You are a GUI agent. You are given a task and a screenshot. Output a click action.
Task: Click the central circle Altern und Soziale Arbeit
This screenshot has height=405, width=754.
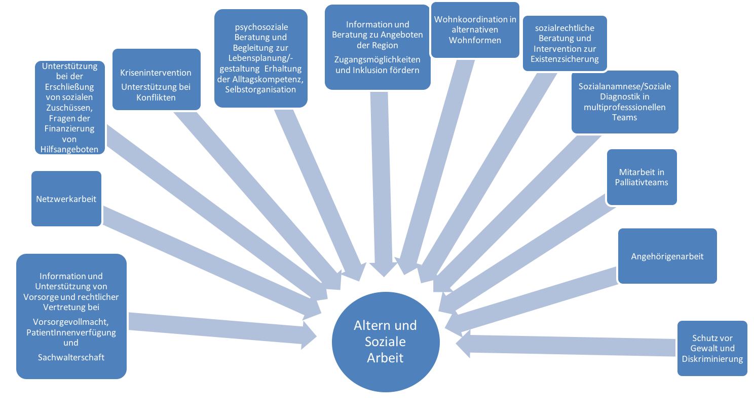pyautogui.click(x=385, y=341)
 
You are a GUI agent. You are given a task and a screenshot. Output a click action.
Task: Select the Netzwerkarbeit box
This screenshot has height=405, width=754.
pyautogui.click(x=66, y=198)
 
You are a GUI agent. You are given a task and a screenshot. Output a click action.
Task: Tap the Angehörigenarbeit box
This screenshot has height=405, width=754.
pyautogui.click(x=667, y=256)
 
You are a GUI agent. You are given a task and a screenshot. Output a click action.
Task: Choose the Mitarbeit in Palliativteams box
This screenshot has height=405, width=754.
pyautogui.click(x=642, y=177)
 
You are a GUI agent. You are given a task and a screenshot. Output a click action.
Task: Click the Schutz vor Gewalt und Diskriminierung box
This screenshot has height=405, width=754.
pyautogui.click(x=712, y=348)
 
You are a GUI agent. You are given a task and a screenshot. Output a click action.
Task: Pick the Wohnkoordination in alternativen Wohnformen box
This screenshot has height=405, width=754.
pyautogui.click(x=475, y=29)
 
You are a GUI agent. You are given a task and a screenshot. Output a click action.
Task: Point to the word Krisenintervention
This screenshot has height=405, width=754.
pyautogui.click(x=156, y=73)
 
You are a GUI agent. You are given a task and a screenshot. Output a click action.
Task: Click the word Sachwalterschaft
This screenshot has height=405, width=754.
pyautogui.click(x=71, y=357)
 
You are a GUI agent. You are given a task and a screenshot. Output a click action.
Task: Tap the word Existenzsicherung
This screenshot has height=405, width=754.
pyautogui.click(x=564, y=59)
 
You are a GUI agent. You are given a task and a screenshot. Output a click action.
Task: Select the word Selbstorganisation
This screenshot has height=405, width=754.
pyautogui.click(x=260, y=89)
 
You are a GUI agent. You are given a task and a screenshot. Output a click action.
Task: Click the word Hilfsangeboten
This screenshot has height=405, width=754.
pyautogui.click(x=70, y=150)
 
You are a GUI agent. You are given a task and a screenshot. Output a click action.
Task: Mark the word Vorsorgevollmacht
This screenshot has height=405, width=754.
pyautogui.click(x=71, y=322)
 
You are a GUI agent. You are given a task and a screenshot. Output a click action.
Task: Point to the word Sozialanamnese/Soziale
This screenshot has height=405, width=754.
pyautogui.click(x=624, y=86)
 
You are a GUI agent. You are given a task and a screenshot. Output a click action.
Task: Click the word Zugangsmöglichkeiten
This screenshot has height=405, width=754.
pyautogui.click(x=377, y=59)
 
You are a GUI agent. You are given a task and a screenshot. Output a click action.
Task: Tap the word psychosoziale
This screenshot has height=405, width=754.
pyautogui.click(x=260, y=27)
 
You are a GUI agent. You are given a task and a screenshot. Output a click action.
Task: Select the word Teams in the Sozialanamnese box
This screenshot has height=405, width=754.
pyautogui.click(x=624, y=117)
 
